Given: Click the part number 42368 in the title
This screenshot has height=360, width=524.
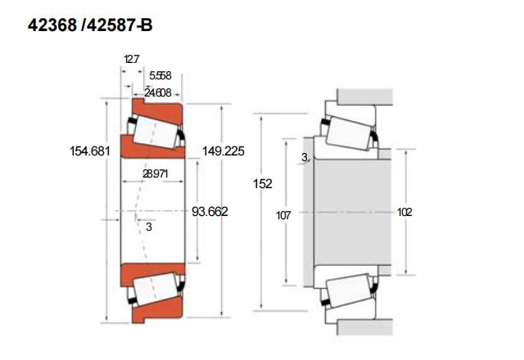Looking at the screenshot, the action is point(52,25).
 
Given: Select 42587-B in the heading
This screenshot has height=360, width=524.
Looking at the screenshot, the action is point(120,25).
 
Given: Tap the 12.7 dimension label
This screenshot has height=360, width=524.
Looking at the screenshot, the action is point(131,60).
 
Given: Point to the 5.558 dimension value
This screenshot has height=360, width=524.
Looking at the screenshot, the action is point(160,75).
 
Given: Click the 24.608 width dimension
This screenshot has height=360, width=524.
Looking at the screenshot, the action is point(158,92).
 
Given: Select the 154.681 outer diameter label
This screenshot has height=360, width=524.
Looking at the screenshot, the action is point(90,151).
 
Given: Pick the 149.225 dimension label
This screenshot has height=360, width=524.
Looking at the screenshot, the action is point(224,151).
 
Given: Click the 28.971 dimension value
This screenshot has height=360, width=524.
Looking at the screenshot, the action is point(155,173).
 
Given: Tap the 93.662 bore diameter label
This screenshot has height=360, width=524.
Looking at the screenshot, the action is point(210,211).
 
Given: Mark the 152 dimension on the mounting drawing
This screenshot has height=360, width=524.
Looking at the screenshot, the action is point(263,183).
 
